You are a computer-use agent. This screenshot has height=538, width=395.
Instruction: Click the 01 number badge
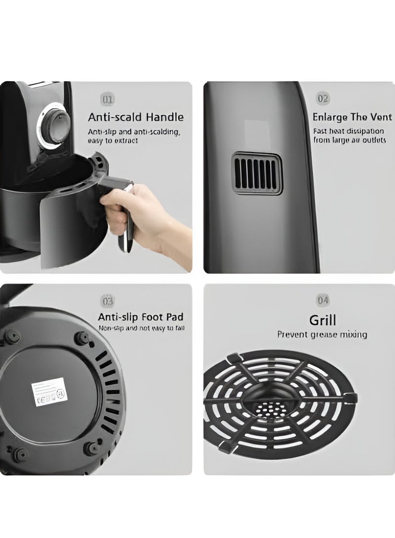click(x=107, y=100)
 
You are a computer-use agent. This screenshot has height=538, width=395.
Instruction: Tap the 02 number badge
click(x=322, y=99)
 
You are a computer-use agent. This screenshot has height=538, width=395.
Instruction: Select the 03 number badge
click(x=107, y=300)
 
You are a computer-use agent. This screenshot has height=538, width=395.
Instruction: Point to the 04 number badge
click(x=322, y=300)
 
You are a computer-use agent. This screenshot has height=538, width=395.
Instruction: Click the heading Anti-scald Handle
click(x=136, y=117)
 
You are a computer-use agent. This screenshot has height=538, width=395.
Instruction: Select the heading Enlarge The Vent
click(x=352, y=117)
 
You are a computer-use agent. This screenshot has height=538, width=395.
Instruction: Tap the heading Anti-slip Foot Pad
click(x=141, y=317)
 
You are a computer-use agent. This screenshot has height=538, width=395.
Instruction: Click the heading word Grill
click(x=322, y=321)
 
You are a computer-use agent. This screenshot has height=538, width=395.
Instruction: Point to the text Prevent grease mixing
click(x=322, y=335)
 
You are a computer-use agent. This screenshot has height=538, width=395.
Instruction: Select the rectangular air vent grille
click(x=257, y=174)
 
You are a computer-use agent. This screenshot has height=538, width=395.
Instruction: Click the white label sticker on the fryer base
click(x=49, y=392)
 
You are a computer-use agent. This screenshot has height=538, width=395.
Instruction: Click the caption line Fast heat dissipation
click(x=349, y=131)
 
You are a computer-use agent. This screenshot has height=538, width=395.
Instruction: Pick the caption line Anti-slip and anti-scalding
click(x=134, y=132)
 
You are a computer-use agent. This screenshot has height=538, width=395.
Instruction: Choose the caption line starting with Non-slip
click(x=141, y=327)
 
